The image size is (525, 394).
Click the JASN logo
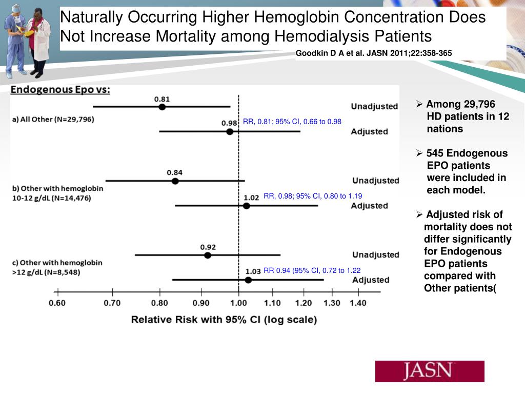430,371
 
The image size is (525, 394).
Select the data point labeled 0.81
162,107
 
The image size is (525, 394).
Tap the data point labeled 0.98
230,132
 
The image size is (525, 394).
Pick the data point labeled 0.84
175,181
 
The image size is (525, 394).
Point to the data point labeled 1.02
247,206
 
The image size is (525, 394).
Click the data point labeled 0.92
208,255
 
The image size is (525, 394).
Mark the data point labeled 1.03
248,280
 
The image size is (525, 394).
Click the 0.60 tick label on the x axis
57,303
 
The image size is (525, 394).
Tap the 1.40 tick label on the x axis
358,303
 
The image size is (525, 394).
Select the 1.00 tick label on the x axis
238,303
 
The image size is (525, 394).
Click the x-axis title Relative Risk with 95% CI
224,320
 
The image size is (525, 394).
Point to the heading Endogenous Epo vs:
60,90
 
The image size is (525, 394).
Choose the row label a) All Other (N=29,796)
53,119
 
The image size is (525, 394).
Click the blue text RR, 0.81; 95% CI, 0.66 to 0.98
292,122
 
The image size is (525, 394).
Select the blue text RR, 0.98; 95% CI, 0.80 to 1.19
313,195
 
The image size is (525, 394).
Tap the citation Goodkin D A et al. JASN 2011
374,53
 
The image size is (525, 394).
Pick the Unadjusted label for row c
375,254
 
